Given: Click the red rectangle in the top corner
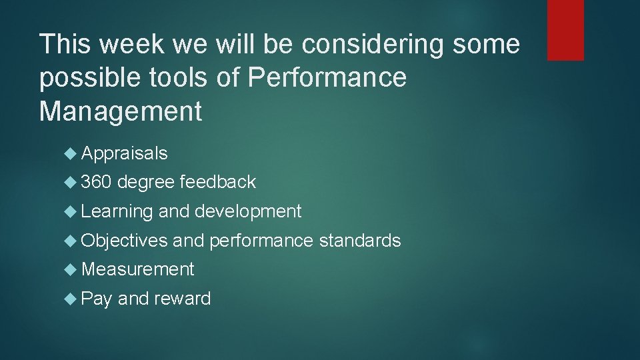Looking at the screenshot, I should coord(565,30).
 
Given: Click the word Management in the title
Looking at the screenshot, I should coord(121,111).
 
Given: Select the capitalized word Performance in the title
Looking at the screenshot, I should coord(327,78).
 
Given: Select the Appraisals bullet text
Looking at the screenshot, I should coord(124,154).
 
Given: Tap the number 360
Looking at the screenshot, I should coord(99,182).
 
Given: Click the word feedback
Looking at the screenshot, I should coord(217,182).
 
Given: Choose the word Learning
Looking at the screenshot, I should coord(117,212).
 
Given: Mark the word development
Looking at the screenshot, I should coord(248,212).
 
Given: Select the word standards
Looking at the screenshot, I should coord(360,241).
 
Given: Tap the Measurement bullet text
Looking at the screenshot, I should coord(137,269).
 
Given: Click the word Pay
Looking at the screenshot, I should coord(97,299).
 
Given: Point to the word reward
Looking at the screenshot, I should coord(182,299).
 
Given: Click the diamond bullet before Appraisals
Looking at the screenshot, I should coord(72,154).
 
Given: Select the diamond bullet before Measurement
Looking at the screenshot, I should coord(72,269).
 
